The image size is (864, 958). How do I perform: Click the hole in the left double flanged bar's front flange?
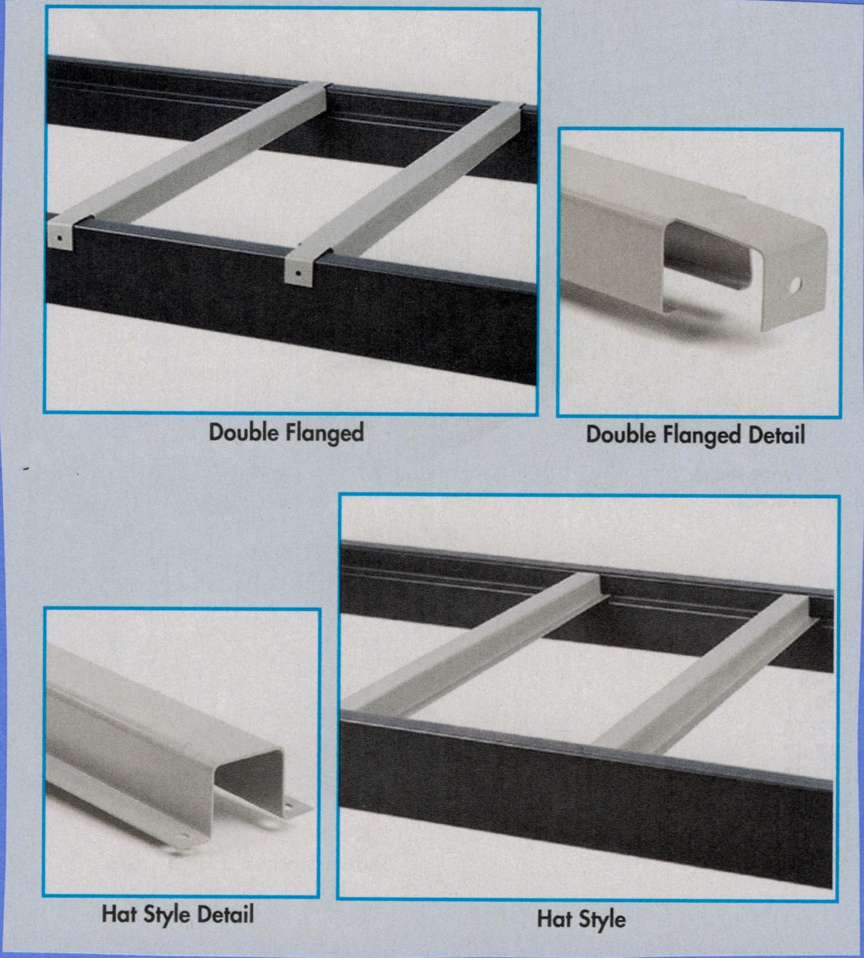[x=59, y=238]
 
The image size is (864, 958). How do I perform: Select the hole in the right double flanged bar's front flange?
[x=298, y=273]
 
